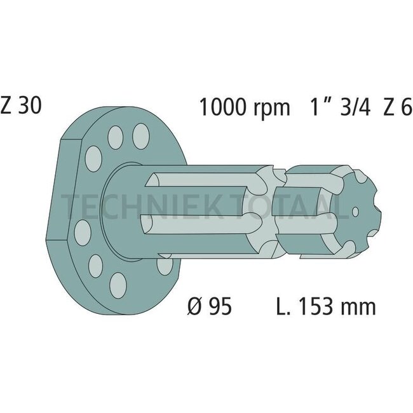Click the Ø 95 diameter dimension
(x=210, y=307)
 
